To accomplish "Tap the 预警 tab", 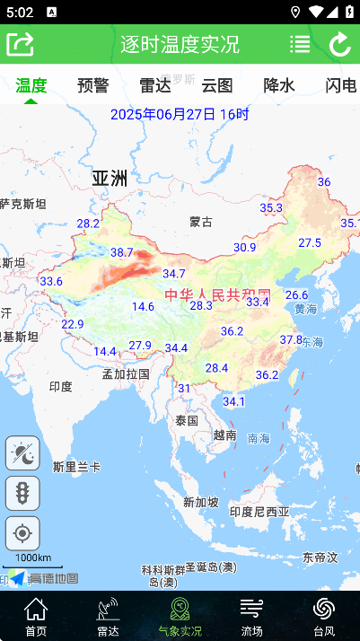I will [93, 85].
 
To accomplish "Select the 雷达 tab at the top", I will [155, 85].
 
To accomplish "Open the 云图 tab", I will [217, 85].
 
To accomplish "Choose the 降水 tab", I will [278, 85].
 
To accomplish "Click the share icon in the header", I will [20, 44].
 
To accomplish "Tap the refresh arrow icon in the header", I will [340, 44].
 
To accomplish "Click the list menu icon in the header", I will [300, 44].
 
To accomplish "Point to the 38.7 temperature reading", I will [121, 252].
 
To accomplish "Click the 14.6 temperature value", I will [143, 306].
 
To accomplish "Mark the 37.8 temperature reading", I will [291, 339].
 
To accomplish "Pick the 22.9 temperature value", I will [73, 324].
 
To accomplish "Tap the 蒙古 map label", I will [201, 222].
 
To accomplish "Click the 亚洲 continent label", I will [110, 178].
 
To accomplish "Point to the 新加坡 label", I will [200, 502].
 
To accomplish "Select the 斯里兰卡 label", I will [76, 467].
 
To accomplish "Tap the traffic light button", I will [22, 493].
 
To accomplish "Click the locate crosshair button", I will [22, 533].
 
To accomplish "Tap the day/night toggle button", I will [22, 453].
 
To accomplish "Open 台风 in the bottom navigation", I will [324, 617].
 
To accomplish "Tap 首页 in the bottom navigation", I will [36, 617].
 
